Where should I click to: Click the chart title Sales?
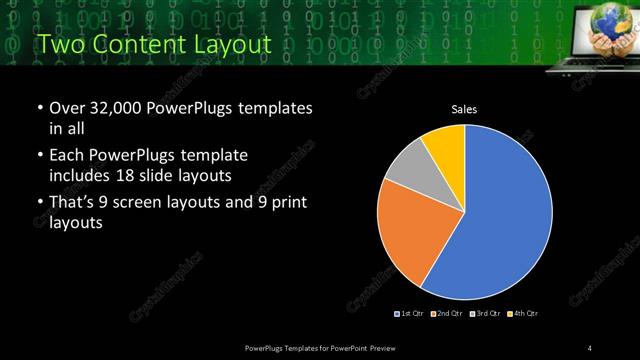pos(465,108)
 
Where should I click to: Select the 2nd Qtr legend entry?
pos(446,314)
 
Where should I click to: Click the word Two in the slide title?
pos(57,44)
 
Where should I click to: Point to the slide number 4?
pos(592,347)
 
